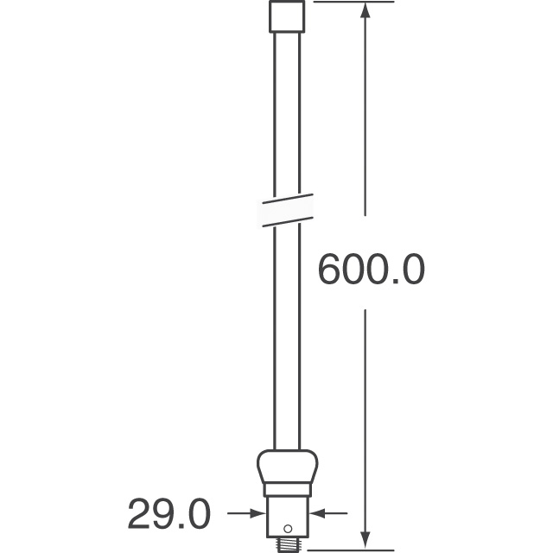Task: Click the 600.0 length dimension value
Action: point(371,270)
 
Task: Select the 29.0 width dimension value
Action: point(169,515)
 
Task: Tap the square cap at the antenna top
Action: point(287,16)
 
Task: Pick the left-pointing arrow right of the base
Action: point(319,513)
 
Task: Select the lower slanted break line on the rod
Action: point(287,219)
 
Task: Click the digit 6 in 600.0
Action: point(329,270)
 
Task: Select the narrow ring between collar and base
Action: point(287,490)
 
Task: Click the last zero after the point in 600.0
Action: point(412,270)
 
